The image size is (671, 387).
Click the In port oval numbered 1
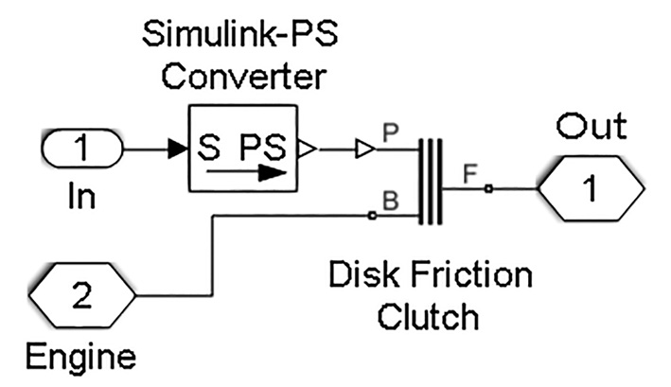pos(81,149)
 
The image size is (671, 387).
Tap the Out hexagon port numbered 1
pos(588,189)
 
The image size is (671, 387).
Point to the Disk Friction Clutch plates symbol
pos(431,182)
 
